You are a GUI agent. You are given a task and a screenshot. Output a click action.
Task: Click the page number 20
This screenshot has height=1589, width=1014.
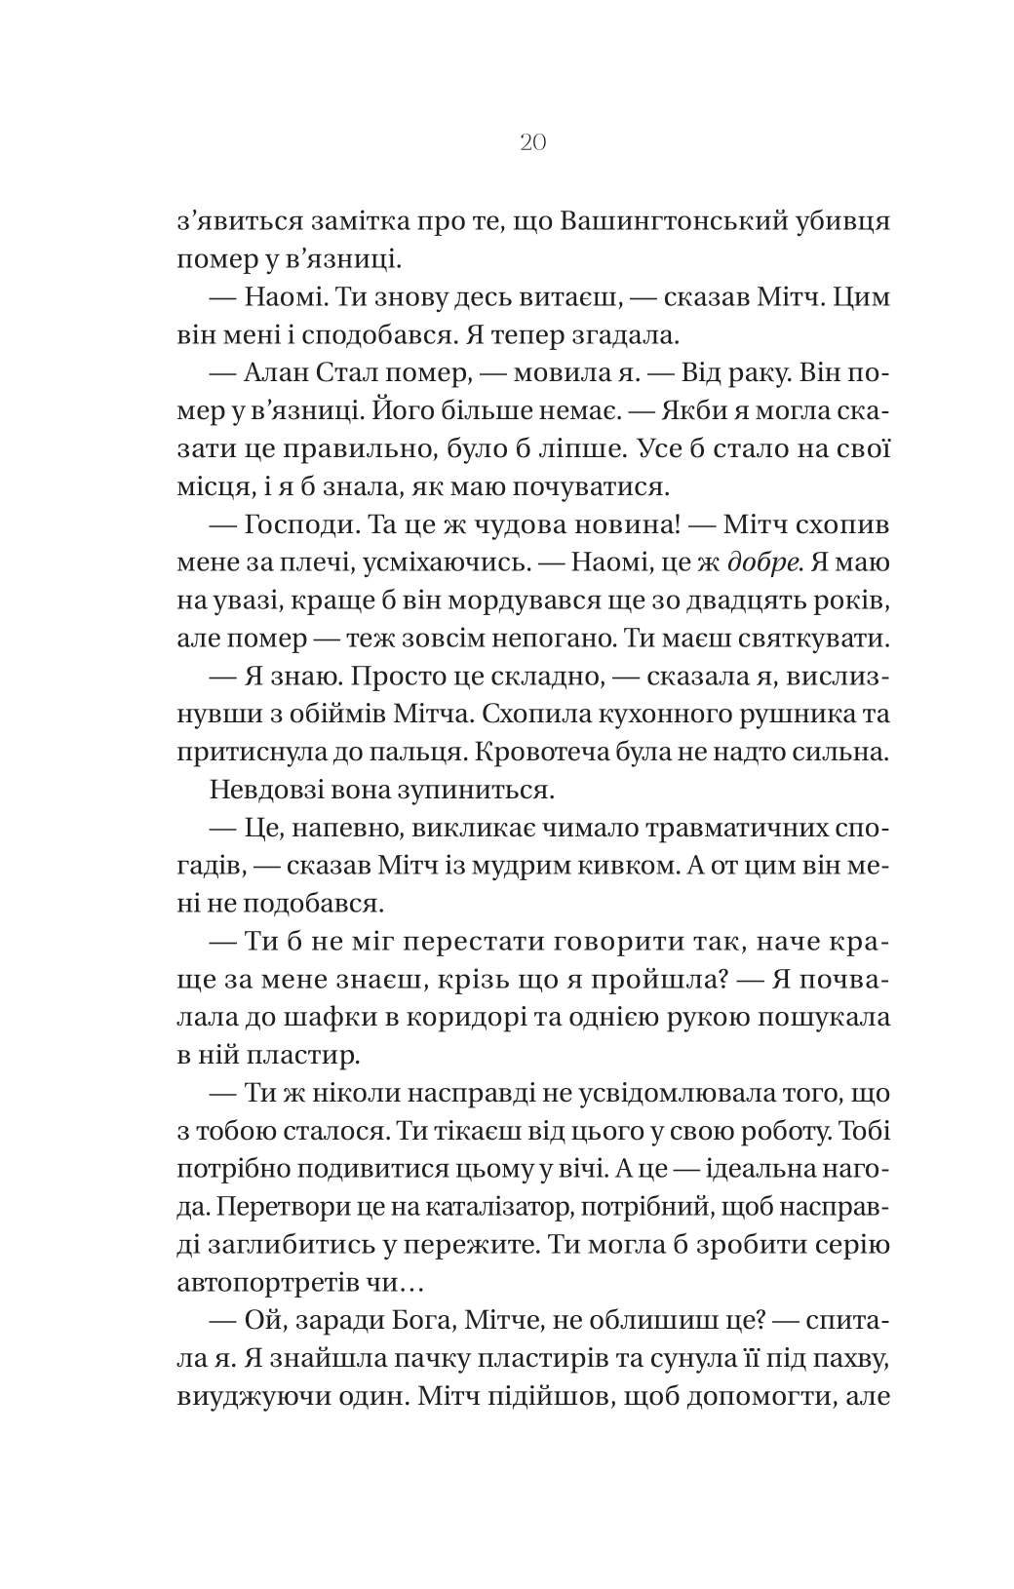click(533, 142)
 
